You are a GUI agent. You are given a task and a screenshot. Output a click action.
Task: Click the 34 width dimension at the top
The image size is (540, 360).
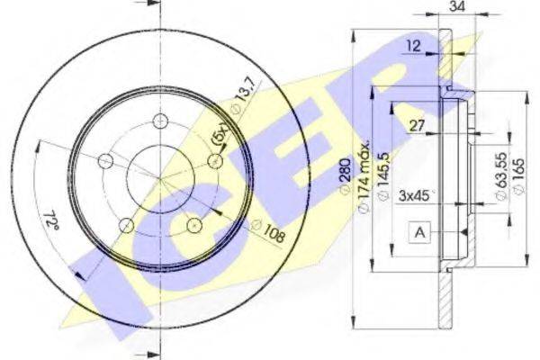coord(457,6)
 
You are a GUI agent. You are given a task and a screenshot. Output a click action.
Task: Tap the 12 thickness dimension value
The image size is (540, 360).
coord(413,46)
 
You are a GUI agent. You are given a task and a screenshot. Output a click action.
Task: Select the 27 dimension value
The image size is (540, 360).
coord(417,125)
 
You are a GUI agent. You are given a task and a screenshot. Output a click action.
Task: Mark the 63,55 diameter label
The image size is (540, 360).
coord(501,175)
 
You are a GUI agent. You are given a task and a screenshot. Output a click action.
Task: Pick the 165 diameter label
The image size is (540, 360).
coord(517,175)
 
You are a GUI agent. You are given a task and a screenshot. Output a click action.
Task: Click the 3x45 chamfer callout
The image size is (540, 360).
coord(415,195)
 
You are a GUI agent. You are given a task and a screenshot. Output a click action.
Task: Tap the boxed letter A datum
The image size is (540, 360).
coord(419,233)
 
